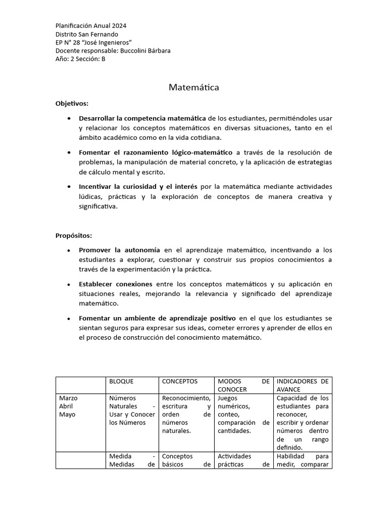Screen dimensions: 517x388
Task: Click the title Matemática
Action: point(193,88)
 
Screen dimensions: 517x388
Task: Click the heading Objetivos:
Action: point(72,104)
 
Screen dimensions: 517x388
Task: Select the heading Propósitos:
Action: point(74,236)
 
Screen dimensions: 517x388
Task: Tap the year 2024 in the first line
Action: point(119,26)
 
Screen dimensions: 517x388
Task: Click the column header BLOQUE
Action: point(121,382)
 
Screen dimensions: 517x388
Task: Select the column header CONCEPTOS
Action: point(180,382)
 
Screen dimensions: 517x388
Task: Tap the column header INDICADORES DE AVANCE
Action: point(302,386)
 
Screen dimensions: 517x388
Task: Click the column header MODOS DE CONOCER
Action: point(244,386)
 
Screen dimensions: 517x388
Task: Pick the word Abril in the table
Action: point(66,406)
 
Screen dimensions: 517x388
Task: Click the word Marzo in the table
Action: point(68,398)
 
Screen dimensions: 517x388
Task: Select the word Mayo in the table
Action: point(67,415)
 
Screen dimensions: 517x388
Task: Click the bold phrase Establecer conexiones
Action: point(116,284)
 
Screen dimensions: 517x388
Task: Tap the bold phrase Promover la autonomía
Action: point(119,250)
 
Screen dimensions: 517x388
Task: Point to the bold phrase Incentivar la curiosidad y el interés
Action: point(138,186)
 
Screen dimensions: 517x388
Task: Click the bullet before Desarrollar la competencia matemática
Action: point(69,118)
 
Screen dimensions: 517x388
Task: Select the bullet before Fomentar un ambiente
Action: point(69,319)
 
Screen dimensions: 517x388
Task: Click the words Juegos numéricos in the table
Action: point(231,402)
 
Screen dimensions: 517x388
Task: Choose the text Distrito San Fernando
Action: point(87,34)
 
